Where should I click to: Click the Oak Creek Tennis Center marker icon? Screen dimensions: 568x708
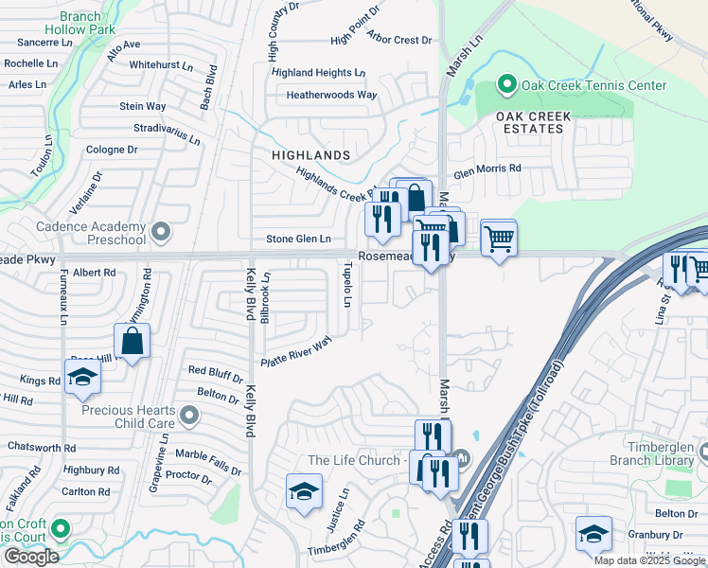pos(506,85)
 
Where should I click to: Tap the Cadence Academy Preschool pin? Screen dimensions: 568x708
pos(161,230)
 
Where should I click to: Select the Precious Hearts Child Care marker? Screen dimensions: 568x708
pos(190,414)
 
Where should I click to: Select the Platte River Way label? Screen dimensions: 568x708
pos(297,352)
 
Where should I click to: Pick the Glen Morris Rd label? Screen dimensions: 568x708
pos(487,169)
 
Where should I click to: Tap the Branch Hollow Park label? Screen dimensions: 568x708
pos(93,23)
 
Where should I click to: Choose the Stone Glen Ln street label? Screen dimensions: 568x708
pos(298,240)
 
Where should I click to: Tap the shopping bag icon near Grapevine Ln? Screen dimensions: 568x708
pos(133,342)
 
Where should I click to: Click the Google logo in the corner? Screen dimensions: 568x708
pos(31,557)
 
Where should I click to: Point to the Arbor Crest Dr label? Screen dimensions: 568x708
pos(399,41)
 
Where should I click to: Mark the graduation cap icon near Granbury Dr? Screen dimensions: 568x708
pos(593,534)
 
